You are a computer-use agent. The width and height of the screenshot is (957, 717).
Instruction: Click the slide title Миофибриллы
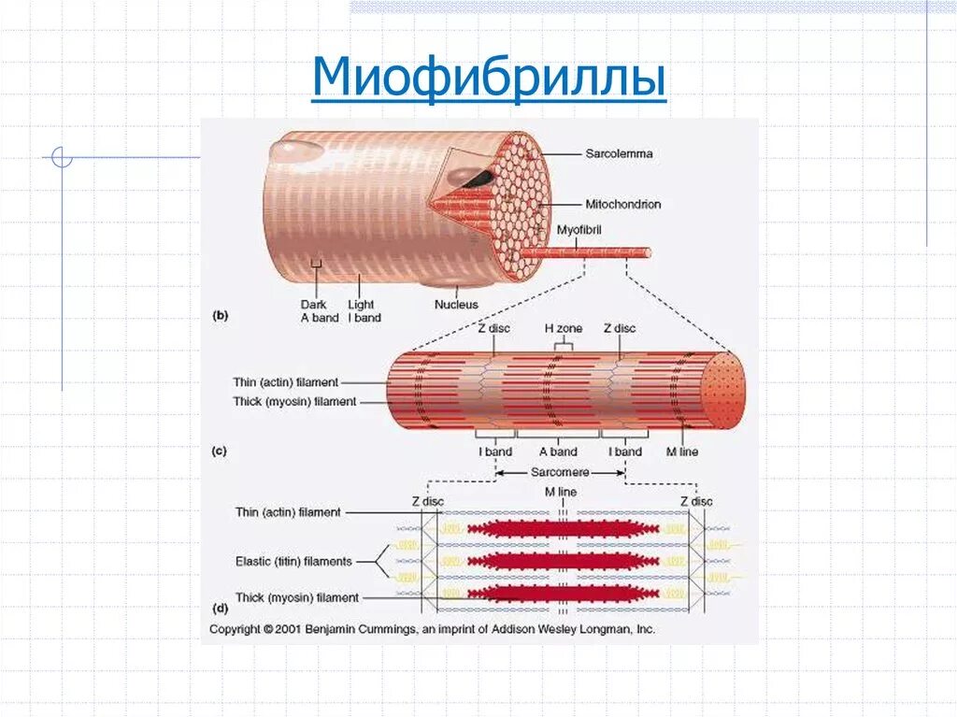pyautogui.click(x=489, y=79)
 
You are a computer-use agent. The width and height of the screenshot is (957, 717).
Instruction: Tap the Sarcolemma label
pyautogui.click(x=619, y=153)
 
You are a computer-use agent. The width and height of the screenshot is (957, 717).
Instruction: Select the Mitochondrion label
pyautogui.click(x=622, y=204)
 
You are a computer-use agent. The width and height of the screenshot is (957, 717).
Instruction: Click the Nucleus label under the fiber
pyautogui.click(x=456, y=305)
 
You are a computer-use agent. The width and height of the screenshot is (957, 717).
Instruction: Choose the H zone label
pyautogui.click(x=563, y=329)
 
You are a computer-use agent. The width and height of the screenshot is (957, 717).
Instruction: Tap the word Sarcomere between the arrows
pyautogui.click(x=560, y=473)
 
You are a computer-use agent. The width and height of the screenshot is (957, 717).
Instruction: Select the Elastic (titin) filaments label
pyautogui.click(x=293, y=562)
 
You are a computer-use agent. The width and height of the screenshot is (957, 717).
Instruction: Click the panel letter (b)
pyautogui.click(x=221, y=316)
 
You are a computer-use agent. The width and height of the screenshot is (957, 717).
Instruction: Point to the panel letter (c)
pyautogui.click(x=220, y=452)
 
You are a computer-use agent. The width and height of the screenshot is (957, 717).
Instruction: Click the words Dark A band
pyautogui.click(x=320, y=310)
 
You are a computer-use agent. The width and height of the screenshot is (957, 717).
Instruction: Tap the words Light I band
pyautogui.click(x=364, y=310)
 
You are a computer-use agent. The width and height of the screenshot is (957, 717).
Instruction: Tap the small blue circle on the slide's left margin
pyautogui.click(x=62, y=157)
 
